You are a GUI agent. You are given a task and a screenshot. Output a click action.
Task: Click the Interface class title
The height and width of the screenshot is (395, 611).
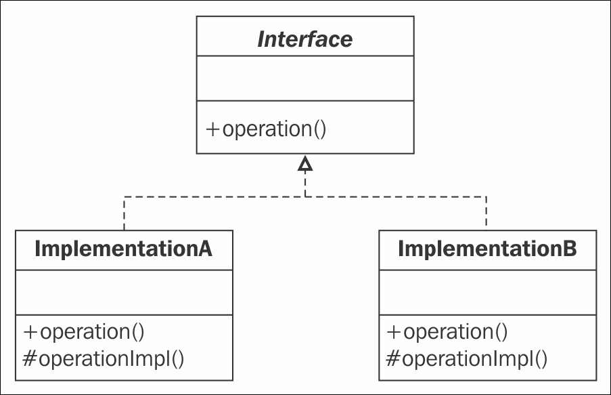tap(305, 39)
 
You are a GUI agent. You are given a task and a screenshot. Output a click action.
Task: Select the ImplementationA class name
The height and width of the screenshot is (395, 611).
tap(124, 249)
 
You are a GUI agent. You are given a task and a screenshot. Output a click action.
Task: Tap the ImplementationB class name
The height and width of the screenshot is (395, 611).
tap(487, 249)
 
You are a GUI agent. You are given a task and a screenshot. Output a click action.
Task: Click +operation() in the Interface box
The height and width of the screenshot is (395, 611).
tap(266, 129)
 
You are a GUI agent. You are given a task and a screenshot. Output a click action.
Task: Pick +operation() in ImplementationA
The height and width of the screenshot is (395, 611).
tap(84, 332)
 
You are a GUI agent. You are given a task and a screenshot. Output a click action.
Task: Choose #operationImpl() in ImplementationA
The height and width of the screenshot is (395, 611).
tap(104, 358)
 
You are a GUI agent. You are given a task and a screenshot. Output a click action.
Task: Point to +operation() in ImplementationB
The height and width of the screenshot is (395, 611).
tap(447, 332)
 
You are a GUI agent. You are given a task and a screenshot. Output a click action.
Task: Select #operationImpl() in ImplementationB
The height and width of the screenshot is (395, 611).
tap(467, 358)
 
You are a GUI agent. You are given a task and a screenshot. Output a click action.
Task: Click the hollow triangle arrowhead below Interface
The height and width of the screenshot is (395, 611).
tap(305, 164)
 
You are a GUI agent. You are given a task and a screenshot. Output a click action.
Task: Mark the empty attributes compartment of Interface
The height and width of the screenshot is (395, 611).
tap(305, 78)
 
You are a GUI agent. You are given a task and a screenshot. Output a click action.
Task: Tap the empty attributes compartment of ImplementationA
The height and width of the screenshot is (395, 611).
tap(124, 292)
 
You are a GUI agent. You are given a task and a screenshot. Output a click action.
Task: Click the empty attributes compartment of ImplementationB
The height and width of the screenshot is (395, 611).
tap(487, 292)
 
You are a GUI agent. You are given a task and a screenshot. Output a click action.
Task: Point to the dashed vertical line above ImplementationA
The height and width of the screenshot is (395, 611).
tap(125, 213)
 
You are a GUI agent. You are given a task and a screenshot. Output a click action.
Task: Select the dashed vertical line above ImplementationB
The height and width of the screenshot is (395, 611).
tap(486, 213)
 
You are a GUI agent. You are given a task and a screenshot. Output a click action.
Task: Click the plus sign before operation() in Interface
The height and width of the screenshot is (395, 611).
tap(212, 129)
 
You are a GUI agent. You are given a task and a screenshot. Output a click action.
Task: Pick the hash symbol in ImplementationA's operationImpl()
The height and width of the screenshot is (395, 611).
tap(30, 358)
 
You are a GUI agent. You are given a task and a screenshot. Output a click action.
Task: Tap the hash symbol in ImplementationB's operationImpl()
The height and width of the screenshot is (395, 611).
tap(392, 358)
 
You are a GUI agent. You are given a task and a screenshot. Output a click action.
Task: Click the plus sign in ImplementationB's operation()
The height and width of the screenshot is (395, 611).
tap(394, 332)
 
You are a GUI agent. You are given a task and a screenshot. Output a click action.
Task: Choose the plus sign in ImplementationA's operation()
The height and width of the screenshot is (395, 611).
tap(30, 332)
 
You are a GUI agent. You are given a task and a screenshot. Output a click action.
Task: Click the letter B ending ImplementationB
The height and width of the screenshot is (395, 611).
tap(569, 249)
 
